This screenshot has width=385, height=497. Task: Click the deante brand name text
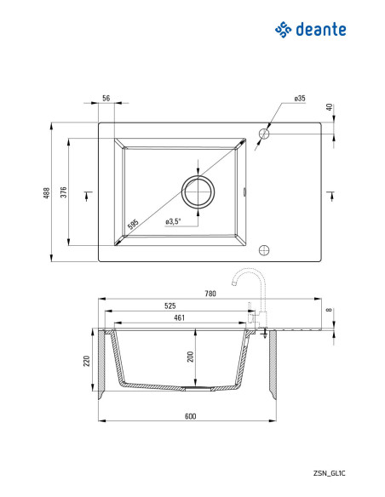pos(320,30)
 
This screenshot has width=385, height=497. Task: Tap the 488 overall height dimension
pos(47,193)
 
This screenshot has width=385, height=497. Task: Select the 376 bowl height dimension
pos(64,192)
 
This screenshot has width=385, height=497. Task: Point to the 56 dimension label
pos(106,98)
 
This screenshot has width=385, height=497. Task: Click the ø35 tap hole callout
pos(300,99)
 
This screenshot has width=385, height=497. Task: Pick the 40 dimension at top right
pos(330,107)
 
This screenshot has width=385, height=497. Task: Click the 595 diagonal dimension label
pos(133,224)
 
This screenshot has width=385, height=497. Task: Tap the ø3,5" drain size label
pos(173,221)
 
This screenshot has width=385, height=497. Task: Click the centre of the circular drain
pos(198,191)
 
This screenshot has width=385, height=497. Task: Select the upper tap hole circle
pos(263,134)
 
